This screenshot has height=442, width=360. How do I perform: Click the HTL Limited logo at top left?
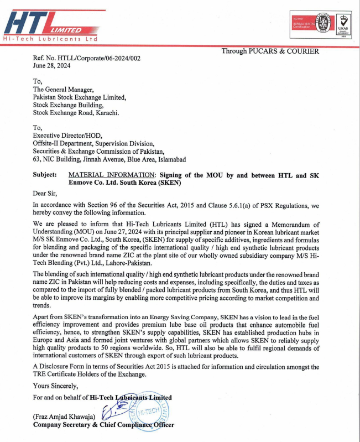click(x=52, y=25)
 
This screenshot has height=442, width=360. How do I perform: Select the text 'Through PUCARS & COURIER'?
click(x=270, y=51)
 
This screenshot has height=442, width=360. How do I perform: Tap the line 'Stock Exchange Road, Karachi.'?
click(x=76, y=112)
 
